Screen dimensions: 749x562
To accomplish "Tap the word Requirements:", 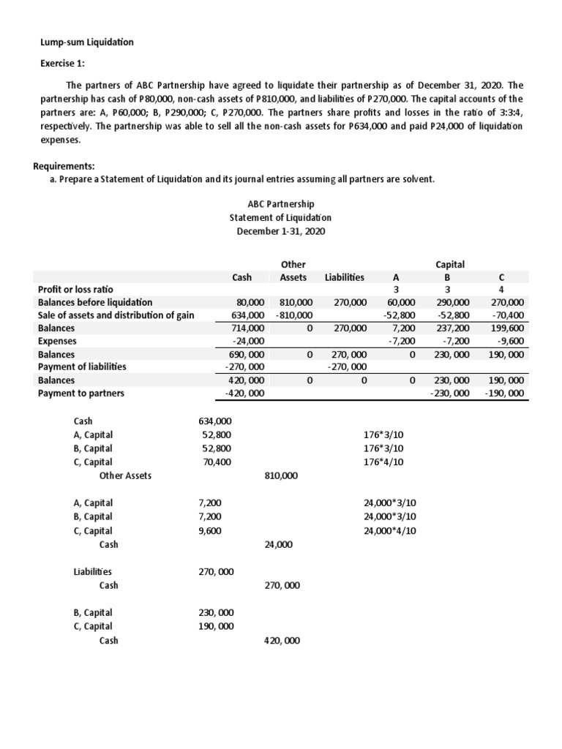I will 70,166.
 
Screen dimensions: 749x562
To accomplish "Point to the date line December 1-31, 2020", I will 280,231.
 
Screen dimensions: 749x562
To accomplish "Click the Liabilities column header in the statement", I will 344,277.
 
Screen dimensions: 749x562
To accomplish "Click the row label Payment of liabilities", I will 82,366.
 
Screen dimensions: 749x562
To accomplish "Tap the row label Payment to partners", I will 80,393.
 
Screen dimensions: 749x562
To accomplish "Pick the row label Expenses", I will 56,341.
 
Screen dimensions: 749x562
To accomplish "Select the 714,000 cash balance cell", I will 247,328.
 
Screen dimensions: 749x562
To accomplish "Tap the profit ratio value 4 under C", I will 501,289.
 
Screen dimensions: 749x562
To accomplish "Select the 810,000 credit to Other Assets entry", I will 280,475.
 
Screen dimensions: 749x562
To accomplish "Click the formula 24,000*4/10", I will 389,531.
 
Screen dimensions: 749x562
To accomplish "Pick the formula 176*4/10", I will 383,462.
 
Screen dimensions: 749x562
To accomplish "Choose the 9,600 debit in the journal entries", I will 211,531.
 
